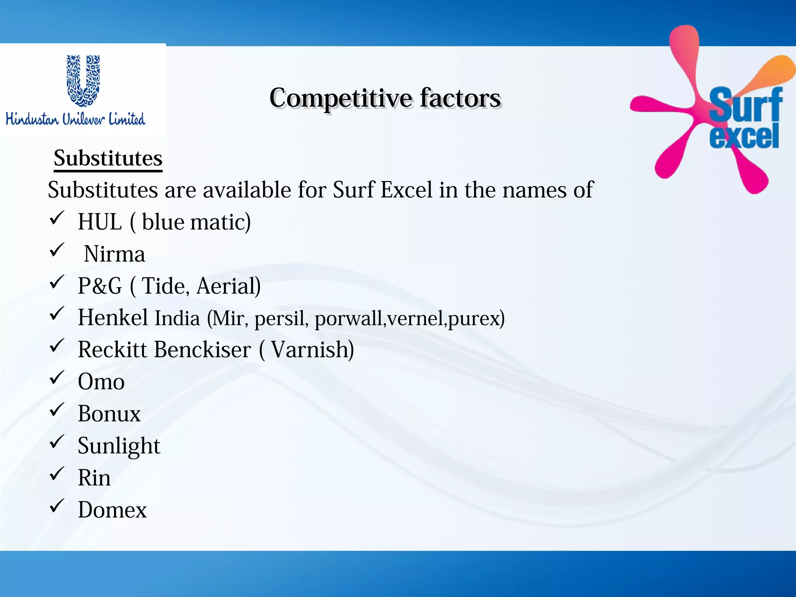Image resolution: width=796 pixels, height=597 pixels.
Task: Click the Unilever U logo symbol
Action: [83, 80]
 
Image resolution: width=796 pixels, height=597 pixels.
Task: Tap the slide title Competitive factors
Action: [385, 98]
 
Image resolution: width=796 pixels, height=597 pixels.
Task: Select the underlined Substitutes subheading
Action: [108, 159]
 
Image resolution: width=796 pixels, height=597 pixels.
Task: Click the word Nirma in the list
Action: [115, 254]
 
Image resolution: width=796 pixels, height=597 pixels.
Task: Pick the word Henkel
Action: [113, 318]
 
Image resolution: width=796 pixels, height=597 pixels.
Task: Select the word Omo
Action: [101, 382]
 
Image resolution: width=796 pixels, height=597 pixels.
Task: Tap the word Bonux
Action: [109, 414]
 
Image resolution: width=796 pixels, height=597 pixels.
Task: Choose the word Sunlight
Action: [119, 446]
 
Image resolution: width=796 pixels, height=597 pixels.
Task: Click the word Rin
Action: [94, 478]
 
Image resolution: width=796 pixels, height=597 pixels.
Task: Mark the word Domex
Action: [112, 510]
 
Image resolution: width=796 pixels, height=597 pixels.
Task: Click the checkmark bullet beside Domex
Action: [57, 506]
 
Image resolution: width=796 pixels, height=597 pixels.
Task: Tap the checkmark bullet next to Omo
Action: [57, 377]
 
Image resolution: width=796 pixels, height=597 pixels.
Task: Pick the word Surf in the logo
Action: [745, 104]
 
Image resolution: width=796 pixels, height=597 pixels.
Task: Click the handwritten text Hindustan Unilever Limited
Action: [75, 119]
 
